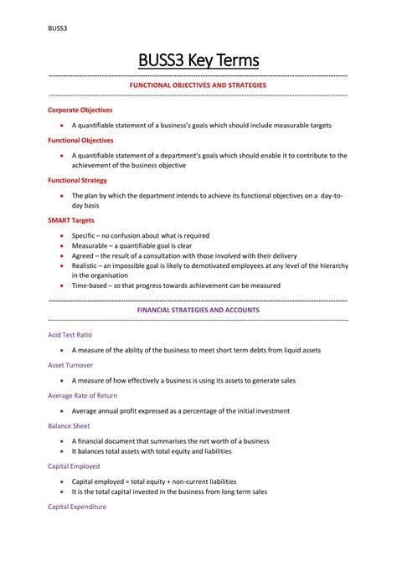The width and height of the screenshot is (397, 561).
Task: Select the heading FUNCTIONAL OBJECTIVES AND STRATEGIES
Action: [198, 85]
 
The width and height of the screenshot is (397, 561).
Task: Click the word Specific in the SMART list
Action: [83, 235]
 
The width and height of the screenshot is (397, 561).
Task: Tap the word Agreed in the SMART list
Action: [83, 255]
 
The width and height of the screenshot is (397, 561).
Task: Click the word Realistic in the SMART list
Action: [85, 265]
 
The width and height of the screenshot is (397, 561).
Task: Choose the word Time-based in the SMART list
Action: [90, 285]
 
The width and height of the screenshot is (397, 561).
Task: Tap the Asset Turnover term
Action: [70, 365]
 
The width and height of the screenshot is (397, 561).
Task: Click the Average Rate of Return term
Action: [82, 395]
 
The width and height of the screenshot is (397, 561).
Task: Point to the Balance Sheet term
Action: [69, 425]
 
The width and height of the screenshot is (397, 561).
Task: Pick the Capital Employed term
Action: [74, 466]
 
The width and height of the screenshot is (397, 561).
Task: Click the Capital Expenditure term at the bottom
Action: [77, 507]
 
